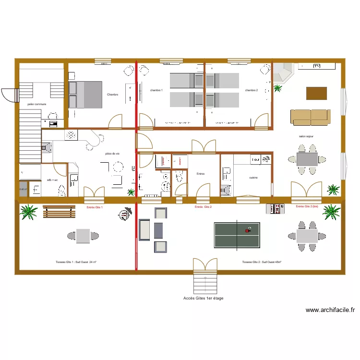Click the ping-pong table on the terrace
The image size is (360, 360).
click(237, 235)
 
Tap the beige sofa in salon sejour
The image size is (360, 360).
click(310, 116)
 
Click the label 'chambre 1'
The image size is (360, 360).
click(156, 90)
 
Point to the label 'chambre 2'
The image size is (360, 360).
click(252, 90)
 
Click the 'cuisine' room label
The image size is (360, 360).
click(253, 178)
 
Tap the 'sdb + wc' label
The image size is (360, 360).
click(52, 180)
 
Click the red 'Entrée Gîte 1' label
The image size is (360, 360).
click(95, 207)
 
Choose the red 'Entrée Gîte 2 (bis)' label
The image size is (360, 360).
click(308, 206)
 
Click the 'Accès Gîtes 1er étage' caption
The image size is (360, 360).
click(203, 298)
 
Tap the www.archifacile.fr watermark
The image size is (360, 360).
click(330, 310)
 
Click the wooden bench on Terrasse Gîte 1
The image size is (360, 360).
click(59, 211)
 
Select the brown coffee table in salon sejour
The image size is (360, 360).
click(317, 93)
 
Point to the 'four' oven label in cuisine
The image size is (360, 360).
click(255, 160)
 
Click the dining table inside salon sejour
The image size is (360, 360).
click(307, 159)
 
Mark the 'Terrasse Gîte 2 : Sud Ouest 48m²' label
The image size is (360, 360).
click(262, 263)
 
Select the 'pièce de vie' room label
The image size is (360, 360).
click(112, 154)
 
